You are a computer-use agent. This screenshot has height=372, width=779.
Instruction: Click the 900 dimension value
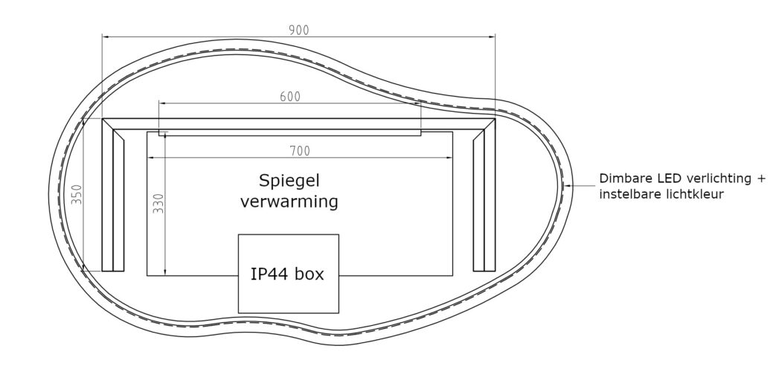[x=298, y=30]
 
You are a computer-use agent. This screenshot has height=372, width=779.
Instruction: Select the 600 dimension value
[x=290, y=96]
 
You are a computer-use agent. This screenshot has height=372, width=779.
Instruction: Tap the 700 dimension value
[x=299, y=151]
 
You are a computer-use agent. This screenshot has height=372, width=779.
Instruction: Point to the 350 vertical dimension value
[x=77, y=195]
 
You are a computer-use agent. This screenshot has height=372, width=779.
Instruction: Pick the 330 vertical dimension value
[x=158, y=205]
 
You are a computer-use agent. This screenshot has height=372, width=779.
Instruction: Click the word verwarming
[x=289, y=201]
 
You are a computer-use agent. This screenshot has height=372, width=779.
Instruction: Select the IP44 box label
[x=288, y=274]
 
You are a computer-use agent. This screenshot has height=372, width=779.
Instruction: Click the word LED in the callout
[x=669, y=179]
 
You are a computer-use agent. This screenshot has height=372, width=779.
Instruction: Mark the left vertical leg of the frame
[x=113, y=197]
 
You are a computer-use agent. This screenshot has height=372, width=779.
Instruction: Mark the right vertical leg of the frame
[x=484, y=197]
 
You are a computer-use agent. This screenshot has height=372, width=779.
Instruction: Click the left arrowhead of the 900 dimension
[x=106, y=36]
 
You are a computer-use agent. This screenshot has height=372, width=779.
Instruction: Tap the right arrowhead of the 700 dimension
[x=450, y=158]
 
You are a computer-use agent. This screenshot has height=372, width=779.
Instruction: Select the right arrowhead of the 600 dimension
[x=417, y=103]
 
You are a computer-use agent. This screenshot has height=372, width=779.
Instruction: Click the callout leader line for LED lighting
[x=582, y=184]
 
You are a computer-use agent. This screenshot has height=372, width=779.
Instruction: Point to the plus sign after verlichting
[x=760, y=179]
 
